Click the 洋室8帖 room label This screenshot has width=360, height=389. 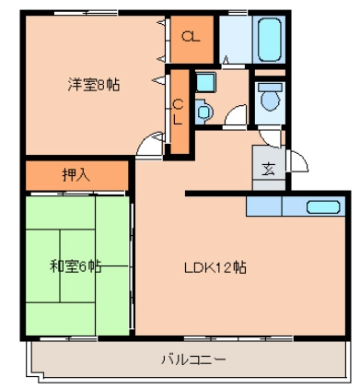[94, 85]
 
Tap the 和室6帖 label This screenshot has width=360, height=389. [75, 266]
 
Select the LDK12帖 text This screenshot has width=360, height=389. [215, 268]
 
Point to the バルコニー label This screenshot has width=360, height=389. [193, 360]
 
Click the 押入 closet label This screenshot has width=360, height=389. [76, 175]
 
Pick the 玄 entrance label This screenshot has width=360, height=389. [269, 169]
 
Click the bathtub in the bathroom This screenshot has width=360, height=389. [269, 40]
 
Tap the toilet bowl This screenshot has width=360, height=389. [270, 97]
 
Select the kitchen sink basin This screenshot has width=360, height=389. [323, 206]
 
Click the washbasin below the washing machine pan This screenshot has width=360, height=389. [203, 111]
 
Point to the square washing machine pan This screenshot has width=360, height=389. [205, 82]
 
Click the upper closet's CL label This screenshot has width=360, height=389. [191, 37]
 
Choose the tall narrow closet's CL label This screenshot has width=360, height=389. [179, 112]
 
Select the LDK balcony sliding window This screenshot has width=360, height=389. [238, 339]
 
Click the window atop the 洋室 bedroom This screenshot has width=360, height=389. [86, 13]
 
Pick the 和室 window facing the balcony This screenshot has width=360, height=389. [69, 339]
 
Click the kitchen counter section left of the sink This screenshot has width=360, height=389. [264, 206]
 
